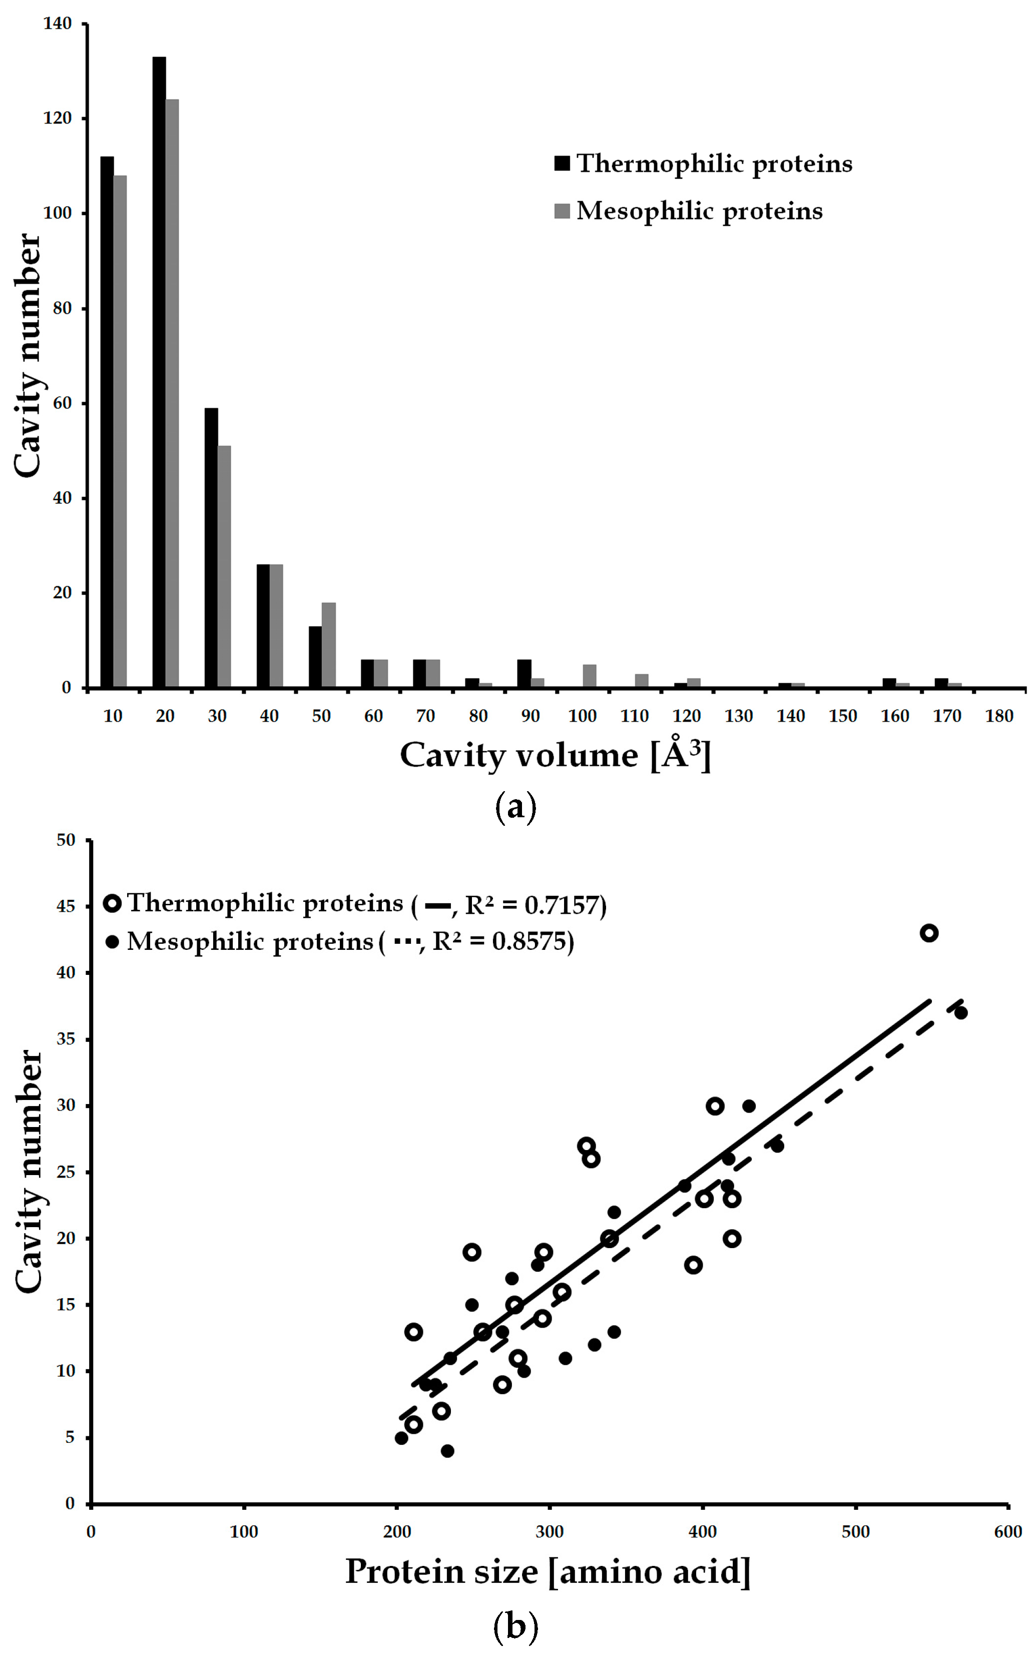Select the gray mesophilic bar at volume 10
(120, 431)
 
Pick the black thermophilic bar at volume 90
(524, 673)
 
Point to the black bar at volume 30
(211, 547)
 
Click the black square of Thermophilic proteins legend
(562, 164)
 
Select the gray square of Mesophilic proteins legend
(562, 211)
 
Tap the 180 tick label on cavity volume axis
(998, 716)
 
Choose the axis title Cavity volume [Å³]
(556, 755)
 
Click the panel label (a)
(515, 807)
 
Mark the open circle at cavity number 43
(929, 933)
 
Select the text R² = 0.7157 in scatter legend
(536, 905)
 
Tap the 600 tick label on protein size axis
(1008, 1532)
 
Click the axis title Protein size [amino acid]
(548, 1571)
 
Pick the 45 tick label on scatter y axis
(66, 906)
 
